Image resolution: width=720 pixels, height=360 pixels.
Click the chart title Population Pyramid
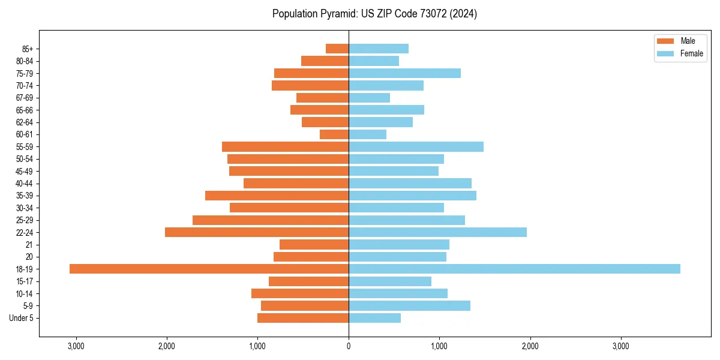(x=374, y=14)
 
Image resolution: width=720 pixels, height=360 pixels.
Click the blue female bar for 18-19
(x=514, y=269)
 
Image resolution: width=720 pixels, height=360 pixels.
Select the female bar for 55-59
(x=416, y=146)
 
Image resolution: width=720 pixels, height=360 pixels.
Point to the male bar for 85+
(x=337, y=49)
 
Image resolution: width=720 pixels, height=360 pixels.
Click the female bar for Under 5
(x=374, y=318)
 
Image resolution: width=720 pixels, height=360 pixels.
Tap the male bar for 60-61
(x=334, y=134)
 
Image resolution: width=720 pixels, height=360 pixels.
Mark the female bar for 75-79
(x=404, y=73)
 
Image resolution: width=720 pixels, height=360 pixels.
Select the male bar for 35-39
(x=277, y=196)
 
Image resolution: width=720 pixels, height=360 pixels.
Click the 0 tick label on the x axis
(x=349, y=346)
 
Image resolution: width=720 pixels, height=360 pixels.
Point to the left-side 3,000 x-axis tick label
(x=76, y=346)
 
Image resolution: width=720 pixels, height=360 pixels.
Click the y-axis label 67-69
(x=24, y=98)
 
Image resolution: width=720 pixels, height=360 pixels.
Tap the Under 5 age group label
(x=21, y=318)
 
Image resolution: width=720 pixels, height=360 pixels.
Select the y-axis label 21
(x=28, y=245)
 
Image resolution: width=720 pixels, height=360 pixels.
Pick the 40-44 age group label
(x=24, y=184)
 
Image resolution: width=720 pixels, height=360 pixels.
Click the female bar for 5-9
(x=409, y=305)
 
